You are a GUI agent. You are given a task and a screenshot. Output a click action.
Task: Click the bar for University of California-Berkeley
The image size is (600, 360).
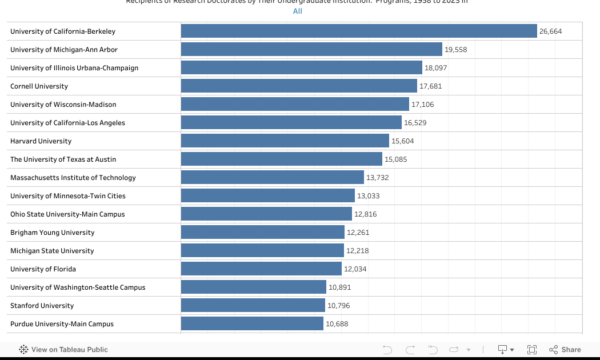(x=359, y=31)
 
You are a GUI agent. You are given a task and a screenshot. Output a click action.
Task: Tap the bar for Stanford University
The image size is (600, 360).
(x=253, y=306)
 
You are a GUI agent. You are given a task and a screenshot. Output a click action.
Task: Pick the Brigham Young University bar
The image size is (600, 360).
(x=263, y=233)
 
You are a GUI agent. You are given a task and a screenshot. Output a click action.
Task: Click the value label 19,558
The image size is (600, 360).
(x=456, y=50)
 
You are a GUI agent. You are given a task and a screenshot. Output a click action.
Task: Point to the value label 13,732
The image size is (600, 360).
(x=378, y=178)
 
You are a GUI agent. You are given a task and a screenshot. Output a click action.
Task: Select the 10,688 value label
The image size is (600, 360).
(x=337, y=324)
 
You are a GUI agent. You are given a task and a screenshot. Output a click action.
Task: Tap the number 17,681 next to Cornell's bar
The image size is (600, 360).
(x=431, y=86)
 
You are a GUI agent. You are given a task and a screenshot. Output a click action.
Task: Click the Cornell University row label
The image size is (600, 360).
(x=39, y=86)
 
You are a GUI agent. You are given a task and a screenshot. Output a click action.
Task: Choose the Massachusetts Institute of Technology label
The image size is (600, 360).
(x=73, y=178)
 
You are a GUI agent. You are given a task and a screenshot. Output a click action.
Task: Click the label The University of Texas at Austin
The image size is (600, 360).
(x=63, y=159)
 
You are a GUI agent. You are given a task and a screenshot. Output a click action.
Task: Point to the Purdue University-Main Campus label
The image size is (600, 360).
(x=62, y=324)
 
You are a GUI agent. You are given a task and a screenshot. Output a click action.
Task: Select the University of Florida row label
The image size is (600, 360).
(x=43, y=269)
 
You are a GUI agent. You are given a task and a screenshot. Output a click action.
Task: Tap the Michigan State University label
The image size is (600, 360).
(x=52, y=251)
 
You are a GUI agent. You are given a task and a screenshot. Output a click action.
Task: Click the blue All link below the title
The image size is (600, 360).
(x=297, y=11)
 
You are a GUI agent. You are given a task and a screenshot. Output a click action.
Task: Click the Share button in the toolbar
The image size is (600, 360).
(x=565, y=350)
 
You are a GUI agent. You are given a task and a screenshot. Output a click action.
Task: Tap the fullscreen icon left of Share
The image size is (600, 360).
(x=532, y=350)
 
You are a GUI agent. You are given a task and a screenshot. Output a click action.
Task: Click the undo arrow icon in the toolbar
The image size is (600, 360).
(x=387, y=350)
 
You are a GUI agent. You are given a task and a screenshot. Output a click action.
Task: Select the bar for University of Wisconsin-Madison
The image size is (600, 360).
(x=295, y=105)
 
